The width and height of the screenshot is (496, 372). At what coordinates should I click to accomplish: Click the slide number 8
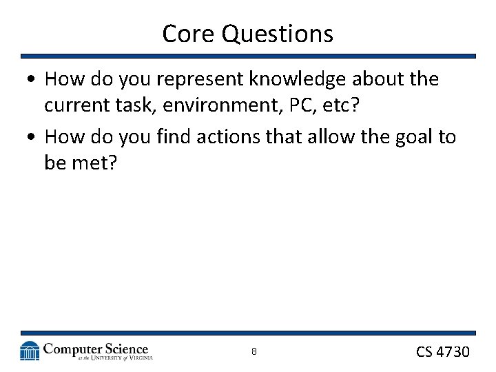[x=254, y=352]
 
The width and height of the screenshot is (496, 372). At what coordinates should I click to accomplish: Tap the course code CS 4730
[x=442, y=352]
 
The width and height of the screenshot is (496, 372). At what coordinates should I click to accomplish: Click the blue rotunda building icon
[x=30, y=351]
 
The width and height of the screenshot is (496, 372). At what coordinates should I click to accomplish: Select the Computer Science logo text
[x=95, y=349]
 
